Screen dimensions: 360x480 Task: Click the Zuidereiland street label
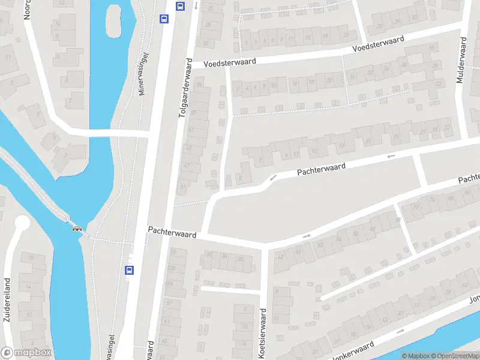(7, 300)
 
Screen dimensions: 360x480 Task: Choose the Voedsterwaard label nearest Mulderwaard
(378, 43)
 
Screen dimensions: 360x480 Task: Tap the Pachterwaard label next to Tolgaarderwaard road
(172, 232)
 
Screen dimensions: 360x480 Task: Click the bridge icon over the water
(77, 227)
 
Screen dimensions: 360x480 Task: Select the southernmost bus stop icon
(129, 270)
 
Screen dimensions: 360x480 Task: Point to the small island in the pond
(113, 21)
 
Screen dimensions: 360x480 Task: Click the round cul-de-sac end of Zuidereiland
(22, 223)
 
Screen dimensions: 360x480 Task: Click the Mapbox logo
(26, 353)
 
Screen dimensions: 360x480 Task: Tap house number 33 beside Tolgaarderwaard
(206, 44)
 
